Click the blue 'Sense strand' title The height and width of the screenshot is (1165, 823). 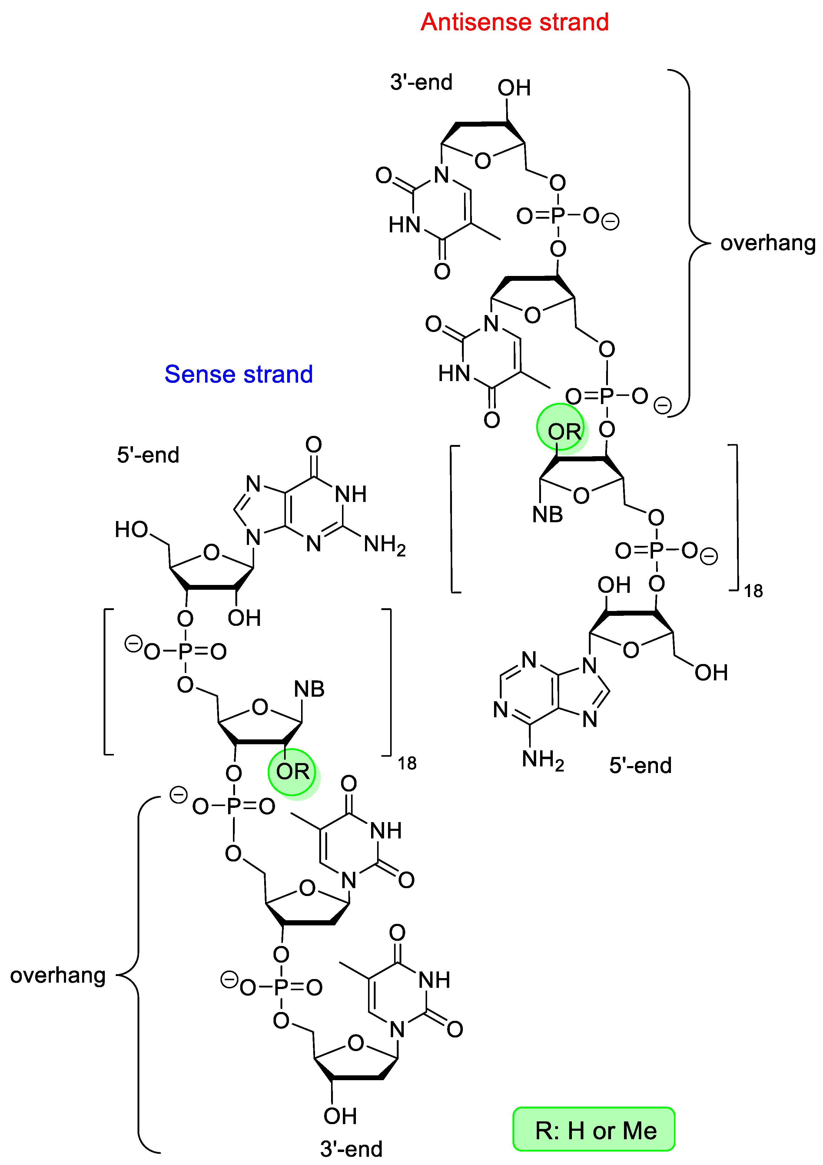tap(238, 374)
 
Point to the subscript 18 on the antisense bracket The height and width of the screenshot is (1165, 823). tap(754, 591)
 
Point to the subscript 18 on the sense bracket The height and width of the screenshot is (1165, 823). tap(407, 763)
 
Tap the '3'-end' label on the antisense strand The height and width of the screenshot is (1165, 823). tap(421, 82)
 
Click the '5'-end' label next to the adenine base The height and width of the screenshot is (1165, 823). tap(640, 765)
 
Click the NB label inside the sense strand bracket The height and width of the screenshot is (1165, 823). tap(309, 689)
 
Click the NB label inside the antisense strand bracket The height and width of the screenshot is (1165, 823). tap(547, 515)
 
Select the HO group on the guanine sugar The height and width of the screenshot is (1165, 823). tap(131, 530)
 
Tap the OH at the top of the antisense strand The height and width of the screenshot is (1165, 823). tap(514, 88)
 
